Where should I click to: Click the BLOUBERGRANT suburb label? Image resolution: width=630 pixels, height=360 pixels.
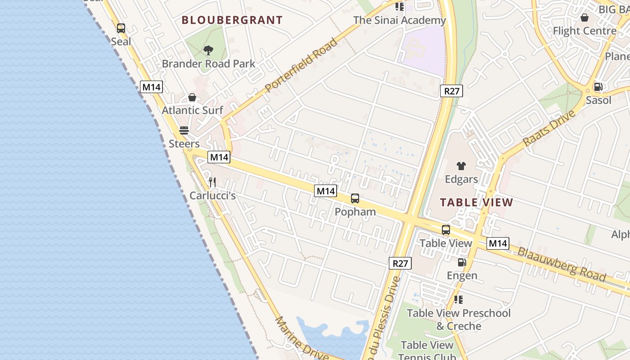coord(232,20)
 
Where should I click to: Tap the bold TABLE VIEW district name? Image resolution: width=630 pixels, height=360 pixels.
coord(477,202)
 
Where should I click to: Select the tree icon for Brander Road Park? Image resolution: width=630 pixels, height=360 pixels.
coord(208,50)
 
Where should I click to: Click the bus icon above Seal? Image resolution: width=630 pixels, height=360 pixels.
coord(121,28)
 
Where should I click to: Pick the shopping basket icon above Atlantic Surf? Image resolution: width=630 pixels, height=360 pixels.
coord(192,97)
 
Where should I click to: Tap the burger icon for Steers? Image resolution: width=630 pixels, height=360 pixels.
coord(184,130)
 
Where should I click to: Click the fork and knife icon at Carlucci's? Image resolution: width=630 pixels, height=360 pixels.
coord(212,182)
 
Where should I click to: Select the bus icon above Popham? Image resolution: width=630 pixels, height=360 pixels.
coord(355,198)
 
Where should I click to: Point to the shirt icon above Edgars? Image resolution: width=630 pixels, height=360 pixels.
coord(461,166)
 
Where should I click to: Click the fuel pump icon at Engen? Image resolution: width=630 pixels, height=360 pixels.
coord(462,262)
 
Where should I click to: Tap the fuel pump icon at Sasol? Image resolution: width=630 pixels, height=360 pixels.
coord(598,87)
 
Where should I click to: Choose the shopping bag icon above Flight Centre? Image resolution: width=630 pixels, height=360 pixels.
coord(585,18)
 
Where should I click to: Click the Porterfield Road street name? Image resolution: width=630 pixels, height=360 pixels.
coord(301,66)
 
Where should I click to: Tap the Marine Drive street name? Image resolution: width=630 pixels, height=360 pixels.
coord(301,338)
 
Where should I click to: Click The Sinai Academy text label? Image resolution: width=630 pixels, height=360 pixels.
coord(399,20)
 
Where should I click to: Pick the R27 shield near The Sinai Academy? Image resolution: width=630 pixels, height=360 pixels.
coord(451,91)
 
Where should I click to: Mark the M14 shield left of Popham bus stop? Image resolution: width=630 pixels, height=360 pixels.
coord(325,191)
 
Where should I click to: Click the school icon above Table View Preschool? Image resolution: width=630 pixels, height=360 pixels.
coord(459,300)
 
